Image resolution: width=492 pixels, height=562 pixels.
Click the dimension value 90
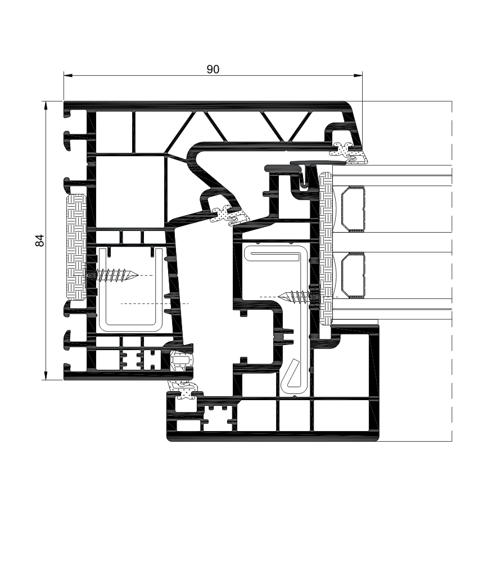pos(212,69)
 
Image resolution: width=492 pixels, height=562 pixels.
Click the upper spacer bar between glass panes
pos(352,209)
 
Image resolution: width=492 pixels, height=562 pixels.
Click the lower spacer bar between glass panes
pos(352,275)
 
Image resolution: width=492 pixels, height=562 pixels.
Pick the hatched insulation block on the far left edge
pos(76,246)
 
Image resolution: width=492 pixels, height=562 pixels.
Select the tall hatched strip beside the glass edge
pos(325,247)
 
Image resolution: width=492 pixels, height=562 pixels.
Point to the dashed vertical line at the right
pos(452,270)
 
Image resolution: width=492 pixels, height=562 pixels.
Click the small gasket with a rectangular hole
pos(181,360)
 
